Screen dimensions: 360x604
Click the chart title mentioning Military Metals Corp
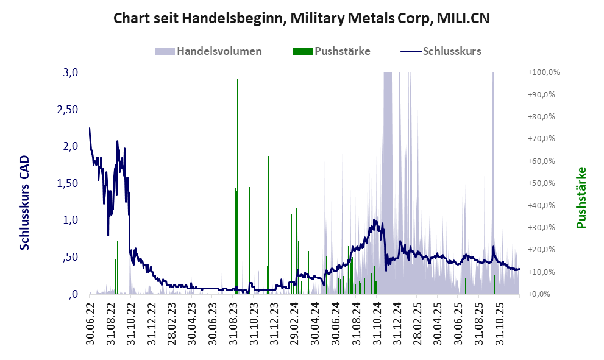pos(302,19)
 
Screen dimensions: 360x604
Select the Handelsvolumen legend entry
pos(209,51)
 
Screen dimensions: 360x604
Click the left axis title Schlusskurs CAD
pos(25,202)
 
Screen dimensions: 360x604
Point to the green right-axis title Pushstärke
pos(580,197)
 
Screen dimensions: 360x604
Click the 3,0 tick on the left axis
pos(71,72)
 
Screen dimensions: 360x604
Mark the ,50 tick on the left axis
pos(71,257)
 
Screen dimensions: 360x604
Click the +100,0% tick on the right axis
pos(544,72)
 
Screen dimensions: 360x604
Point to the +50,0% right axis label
pos(544,183)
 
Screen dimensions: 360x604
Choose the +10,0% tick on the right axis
pos(544,272)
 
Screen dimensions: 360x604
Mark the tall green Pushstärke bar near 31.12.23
pos(268,183)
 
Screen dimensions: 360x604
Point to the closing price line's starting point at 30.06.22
pos(90,129)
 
